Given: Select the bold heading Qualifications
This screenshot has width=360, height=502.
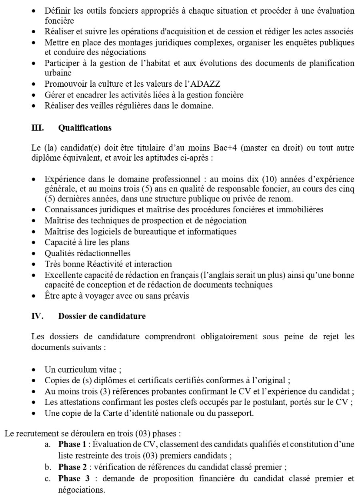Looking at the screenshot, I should pyautogui.click(x=85, y=128).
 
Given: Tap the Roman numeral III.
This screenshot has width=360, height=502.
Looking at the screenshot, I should pyautogui.click(x=38, y=128).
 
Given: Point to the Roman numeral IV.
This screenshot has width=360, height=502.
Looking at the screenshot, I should pyautogui.click(x=37, y=316).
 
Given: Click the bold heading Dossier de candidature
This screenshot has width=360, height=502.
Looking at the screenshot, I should pyautogui.click(x=102, y=316).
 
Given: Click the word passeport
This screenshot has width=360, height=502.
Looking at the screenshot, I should pyautogui.click(x=237, y=413).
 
